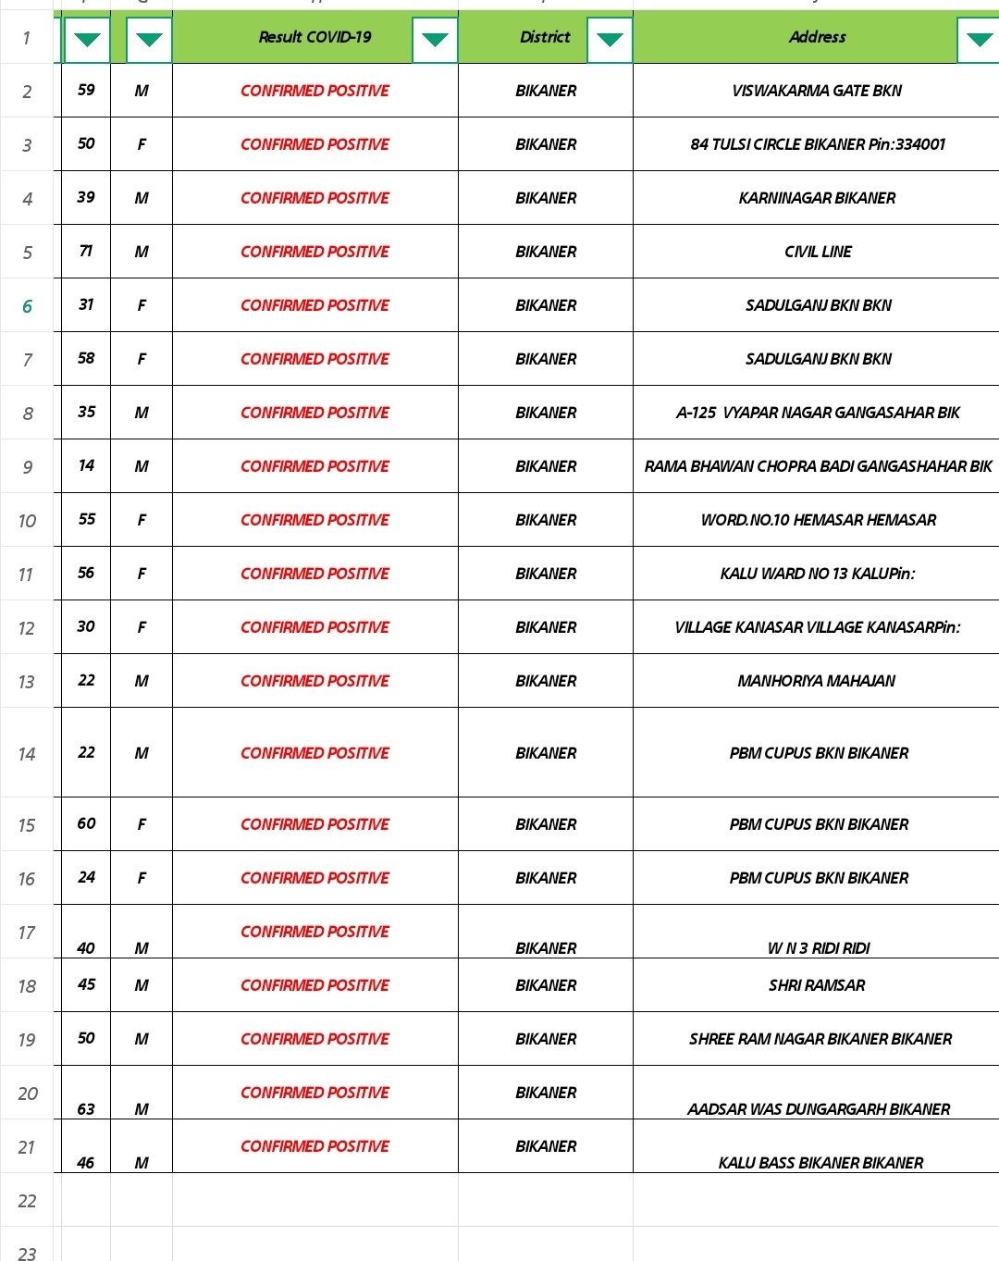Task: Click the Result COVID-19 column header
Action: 314,37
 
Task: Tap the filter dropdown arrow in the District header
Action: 610,40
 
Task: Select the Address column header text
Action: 817,37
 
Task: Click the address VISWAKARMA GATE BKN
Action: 816,91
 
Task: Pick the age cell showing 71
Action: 86,251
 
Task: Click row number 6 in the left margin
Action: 27,306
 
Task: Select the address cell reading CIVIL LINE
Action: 818,252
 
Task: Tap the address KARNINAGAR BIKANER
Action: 817,198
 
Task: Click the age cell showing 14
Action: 86,465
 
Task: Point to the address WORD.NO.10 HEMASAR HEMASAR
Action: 818,520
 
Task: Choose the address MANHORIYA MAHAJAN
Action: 816,681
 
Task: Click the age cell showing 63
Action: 86,1108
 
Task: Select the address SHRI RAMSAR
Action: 817,985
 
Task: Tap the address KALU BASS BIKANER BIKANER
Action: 820,1163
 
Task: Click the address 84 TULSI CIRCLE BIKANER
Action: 818,144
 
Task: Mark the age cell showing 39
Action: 86,197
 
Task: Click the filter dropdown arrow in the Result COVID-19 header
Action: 435,40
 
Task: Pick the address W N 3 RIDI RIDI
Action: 818,948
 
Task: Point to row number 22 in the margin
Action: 27,1201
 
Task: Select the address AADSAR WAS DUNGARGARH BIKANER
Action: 818,1109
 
